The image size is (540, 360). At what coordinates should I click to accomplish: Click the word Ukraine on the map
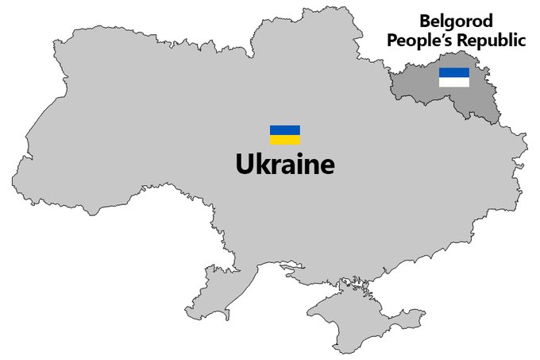click(285, 164)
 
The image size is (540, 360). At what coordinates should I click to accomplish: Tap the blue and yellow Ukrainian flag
click(285, 135)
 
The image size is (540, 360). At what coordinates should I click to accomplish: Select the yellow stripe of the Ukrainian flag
click(285, 140)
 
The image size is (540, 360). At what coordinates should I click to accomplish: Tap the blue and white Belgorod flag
click(454, 76)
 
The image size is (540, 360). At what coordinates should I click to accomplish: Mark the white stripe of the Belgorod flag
click(454, 81)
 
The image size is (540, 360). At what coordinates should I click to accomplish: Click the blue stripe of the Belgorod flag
click(454, 72)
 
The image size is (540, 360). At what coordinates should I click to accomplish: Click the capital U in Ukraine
click(245, 164)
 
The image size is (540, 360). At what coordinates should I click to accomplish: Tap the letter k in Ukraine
click(263, 164)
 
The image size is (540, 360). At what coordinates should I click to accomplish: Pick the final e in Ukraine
click(327, 166)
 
